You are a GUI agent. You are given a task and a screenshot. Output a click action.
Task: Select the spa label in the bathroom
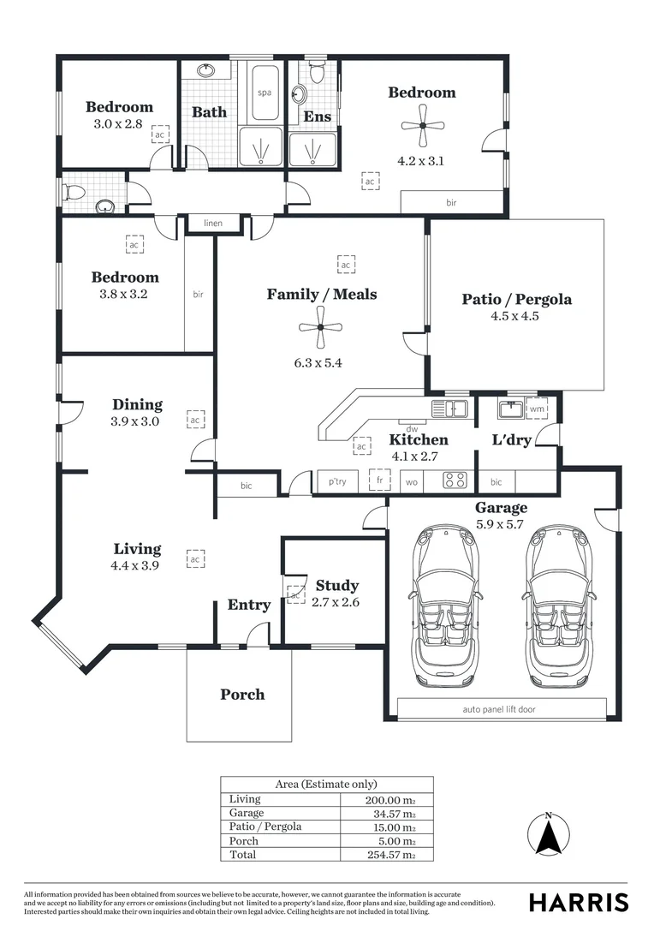[264, 92]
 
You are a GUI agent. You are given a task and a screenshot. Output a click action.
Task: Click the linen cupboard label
[213, 224]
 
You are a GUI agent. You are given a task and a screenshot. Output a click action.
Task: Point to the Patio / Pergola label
[516, 300]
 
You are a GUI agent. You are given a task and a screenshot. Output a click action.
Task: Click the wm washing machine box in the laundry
[537, 409]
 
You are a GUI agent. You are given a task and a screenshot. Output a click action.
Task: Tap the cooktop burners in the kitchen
[454, 481]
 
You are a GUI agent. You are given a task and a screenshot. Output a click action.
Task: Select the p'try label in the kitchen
[337, 482]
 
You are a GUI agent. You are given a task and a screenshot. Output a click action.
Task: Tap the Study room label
[336, 586]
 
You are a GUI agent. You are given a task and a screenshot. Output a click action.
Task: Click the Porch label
[242, 695]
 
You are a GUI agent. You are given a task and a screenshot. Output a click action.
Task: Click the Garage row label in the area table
[247, 813]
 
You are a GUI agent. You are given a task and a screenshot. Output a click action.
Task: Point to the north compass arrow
[548, 835]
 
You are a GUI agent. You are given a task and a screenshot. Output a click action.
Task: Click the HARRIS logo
[578, 902]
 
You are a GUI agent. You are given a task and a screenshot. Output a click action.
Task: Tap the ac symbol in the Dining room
[194, 421]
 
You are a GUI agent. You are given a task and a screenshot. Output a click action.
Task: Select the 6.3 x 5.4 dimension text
[318, 362]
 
